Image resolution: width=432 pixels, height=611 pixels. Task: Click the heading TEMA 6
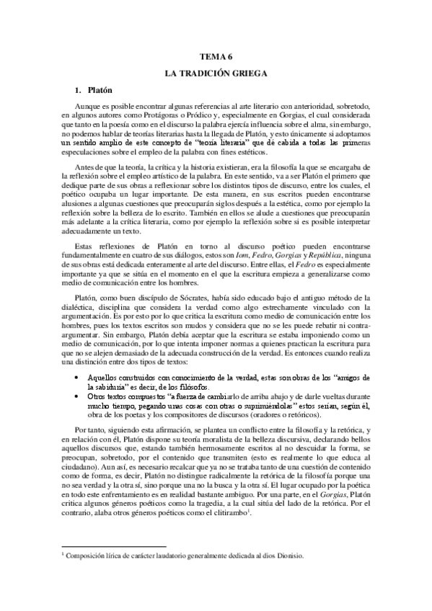pos(216,56)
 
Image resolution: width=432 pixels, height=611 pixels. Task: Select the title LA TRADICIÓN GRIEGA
pos(216,74)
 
